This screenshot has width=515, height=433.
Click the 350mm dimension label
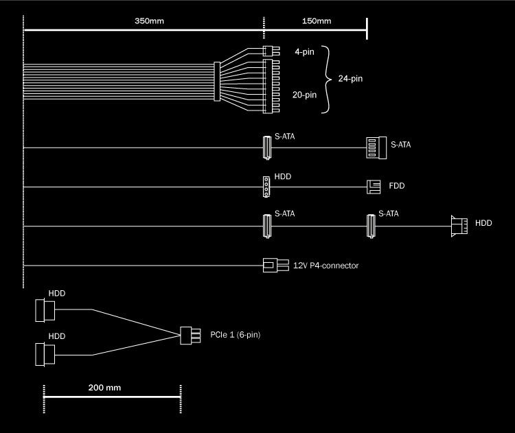coord(149,21)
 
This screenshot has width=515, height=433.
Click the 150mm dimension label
coord(317,21)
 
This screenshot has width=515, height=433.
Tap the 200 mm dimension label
coord(104,388)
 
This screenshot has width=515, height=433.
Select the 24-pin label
coord(350,79)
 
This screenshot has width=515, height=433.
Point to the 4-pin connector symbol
coord(268,50)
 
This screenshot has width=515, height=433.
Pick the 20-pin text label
coord(305,95)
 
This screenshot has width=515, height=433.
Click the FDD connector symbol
coord(373,186)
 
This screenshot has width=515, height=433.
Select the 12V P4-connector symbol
coord(271,265)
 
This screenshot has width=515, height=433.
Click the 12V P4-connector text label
coord(325,265)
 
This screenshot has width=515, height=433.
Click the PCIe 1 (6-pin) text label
coord(236,335)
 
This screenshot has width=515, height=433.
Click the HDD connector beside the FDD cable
coord(266,186)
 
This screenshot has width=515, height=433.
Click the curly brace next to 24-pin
coord(327,79)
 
